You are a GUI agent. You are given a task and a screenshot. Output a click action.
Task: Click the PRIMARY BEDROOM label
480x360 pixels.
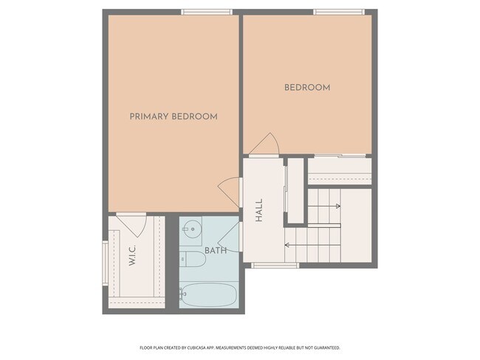pyautogui.click(x=174, y=117)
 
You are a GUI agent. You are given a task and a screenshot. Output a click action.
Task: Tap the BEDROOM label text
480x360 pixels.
pyautogui.click(x=307, y=88)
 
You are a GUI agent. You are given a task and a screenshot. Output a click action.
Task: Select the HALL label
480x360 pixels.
pyautogui.click(x=259, y=213)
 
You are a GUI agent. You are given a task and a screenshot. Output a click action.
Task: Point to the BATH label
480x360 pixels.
pyautogui.click(x=216, y=251)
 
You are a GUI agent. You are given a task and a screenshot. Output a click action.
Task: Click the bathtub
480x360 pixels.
pyautogui.click(x=208, y=295)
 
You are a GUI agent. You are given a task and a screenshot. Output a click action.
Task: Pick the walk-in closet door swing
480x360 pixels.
pyautogui.click(x=131, y=220)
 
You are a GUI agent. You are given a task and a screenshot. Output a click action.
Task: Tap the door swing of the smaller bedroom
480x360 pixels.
pyautogui.click(x=264, y=145)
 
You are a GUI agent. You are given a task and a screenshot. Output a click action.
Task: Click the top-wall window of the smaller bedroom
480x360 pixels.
pyautogui.click(x=338, y=12)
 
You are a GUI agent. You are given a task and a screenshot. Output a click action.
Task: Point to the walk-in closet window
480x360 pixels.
pyautogui.click(x=105, y=261)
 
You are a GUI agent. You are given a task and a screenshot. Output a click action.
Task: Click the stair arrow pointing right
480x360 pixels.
pyautogui.click(x=325, y=207)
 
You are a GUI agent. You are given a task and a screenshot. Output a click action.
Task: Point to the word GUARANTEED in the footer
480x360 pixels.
pyautogui.click(x=325, y=347)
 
